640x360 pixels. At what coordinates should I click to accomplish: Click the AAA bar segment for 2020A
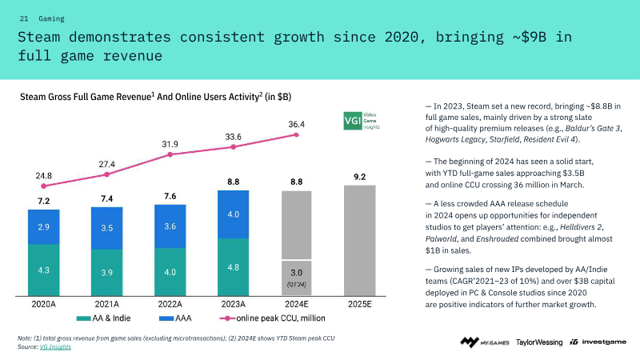pyautogui.click(x=43, y=227)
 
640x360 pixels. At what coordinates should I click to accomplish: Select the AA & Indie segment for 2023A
pyautogui.click(x=234, y=267)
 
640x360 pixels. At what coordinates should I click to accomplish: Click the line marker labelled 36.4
pyautogui.click(x=297, y=135)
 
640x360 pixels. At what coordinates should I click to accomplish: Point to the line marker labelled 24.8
pyautogui.click(x=43, y=186)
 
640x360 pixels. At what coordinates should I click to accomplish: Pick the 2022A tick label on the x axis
pyautogui.click(x=170, y=305)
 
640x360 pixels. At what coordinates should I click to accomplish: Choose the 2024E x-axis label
pyautogui.click(x=296, y=305)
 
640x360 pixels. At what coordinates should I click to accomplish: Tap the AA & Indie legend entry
pyautogui.click(x=105, y=318)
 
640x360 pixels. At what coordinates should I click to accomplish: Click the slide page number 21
pyautogui.click(x=23, y=18)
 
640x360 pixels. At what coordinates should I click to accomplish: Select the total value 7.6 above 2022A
pyautogui.click(x=170, y=196)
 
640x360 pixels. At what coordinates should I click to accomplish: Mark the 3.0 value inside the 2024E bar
pyautogui.click(x=297, y=270)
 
